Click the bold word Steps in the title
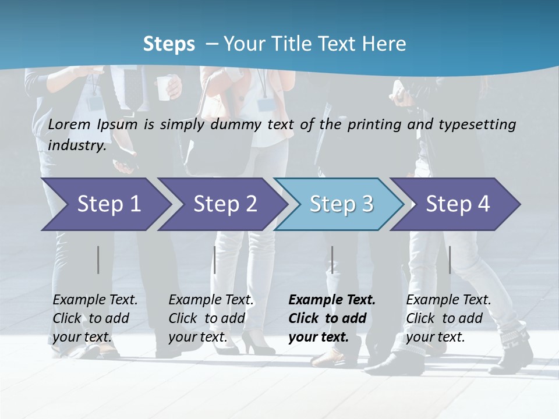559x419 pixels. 169,44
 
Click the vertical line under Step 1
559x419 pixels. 98,260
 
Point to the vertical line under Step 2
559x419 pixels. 215,260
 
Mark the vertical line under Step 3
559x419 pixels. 332,260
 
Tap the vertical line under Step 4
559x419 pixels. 450,260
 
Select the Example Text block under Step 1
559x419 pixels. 95,318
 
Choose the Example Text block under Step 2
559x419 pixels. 211,318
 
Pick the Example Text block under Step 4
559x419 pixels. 448,318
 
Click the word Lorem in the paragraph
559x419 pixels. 69,125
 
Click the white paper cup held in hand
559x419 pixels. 166,87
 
